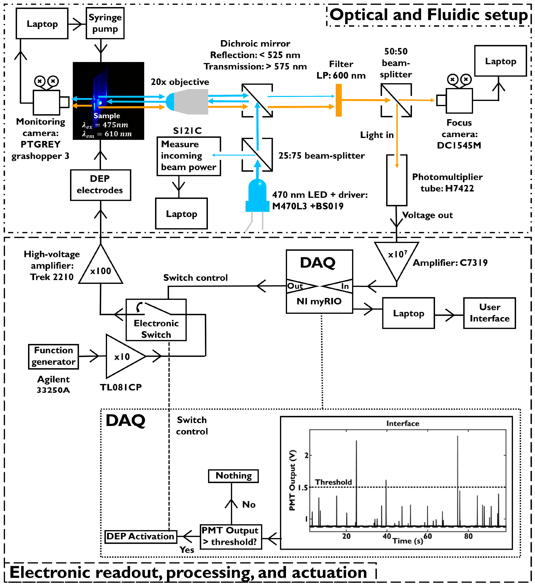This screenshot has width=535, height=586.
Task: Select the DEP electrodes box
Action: click(100, 185)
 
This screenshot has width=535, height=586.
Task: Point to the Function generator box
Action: click(54, 356)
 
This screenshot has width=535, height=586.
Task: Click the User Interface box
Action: click(489, 313)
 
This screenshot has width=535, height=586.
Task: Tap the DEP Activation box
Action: click(141, 536)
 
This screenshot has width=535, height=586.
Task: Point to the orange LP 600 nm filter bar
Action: click(339, 100)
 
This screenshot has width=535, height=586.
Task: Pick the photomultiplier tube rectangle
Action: click(396, 180)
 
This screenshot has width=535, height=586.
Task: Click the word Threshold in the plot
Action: click(333, 482)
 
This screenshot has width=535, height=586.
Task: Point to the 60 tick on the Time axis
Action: click(427, 536)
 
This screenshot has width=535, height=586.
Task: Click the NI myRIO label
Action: click(319, 301)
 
